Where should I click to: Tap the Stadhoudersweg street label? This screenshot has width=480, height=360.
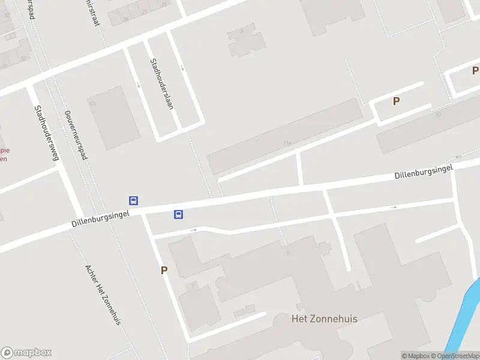pos(46,133)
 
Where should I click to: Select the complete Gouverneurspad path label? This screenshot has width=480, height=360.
pos(76,134)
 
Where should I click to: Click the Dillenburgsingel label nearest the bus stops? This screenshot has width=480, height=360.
pos(100,218)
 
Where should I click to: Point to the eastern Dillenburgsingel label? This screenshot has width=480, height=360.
pos(424,171)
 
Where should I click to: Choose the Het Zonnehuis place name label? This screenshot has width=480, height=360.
pos(324,319)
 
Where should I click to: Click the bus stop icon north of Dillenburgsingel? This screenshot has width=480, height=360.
pos(134,201)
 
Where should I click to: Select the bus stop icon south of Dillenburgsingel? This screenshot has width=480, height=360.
pos(178,214)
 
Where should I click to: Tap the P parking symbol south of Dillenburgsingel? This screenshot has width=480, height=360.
pos(164,271)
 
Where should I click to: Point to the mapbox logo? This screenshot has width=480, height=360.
pos(26,353)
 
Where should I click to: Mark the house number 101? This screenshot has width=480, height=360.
pos(92,103)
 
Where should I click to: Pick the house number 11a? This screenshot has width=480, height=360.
pos(287,143)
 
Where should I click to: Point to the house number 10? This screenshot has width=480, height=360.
pos(438,114)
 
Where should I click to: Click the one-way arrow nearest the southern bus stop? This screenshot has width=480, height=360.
pos(193,230)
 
